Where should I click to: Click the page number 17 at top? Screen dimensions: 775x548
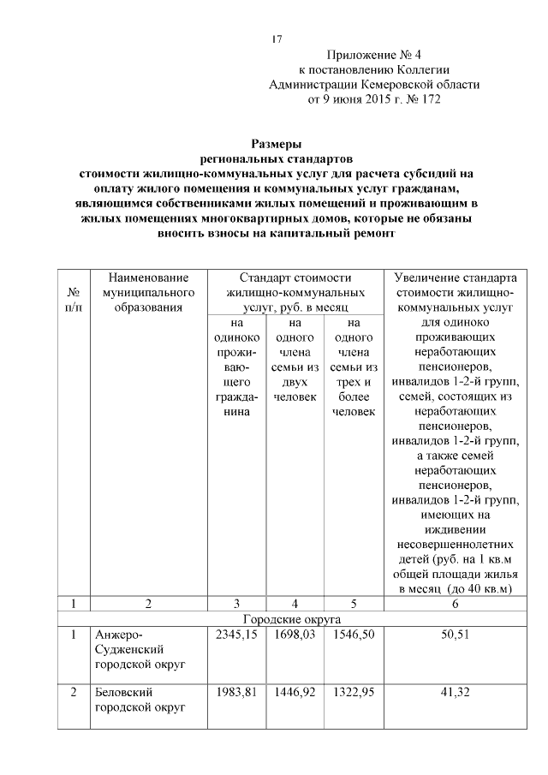click(x=277, y=39)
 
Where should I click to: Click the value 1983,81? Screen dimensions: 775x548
click(x=234, y=693)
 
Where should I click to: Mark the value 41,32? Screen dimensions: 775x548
click(x=455, y=693)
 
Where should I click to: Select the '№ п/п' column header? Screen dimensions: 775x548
click(x=74, y=300)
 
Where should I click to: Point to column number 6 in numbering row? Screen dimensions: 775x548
click(x=455, y=604)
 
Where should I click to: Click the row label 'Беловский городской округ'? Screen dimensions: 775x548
click(x=139, y=700)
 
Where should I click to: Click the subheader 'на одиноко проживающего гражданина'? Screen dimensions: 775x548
click(x=234, y=368)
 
